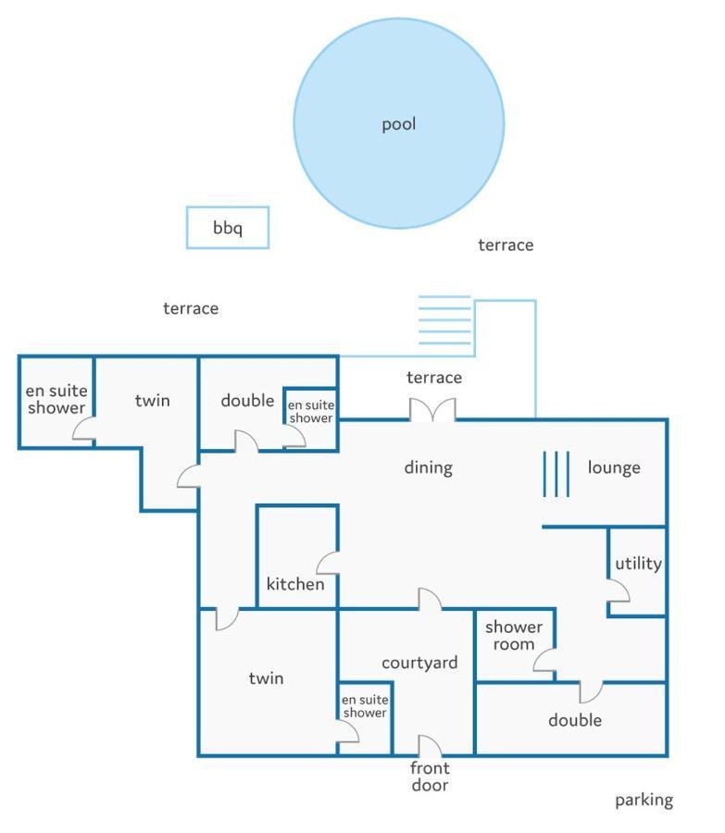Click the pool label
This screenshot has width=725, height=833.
click(399, 124)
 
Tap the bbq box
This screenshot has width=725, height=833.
click(228, 228)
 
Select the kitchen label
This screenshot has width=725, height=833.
click(295, 584)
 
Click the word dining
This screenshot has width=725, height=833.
click(429, 468)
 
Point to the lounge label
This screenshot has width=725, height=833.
click(614, 468)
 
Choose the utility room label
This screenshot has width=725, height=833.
click(638, 564)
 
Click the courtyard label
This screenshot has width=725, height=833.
click(419, 663)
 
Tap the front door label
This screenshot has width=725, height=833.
click(430, 777)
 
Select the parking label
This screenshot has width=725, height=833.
click(644, 800)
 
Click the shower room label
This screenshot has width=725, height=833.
click(514, 635)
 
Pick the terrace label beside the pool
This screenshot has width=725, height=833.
click(506, 245)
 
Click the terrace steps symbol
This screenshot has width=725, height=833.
click(444, 320)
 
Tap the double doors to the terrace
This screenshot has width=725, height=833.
click(432, 410)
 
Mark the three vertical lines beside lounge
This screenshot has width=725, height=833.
click(556, 474)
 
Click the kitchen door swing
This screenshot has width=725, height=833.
click(328, 563)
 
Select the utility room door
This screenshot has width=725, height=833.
click(619, 591)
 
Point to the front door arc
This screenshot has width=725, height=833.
click(430, 745)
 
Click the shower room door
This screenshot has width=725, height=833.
click(544, 660)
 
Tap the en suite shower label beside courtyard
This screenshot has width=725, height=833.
click(365, 706)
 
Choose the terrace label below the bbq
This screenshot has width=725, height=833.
click(191, 308)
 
